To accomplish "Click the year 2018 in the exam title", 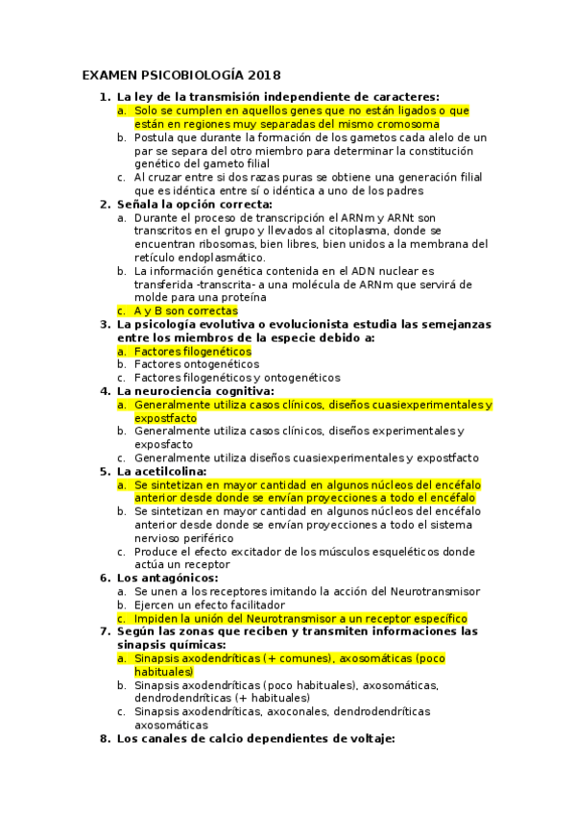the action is click(x=264, y=75).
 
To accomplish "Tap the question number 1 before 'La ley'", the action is click(x=104, y=96).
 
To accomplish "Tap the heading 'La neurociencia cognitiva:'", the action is click(x=195, y=391).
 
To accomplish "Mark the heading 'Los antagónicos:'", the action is click(x=167, y=579).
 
